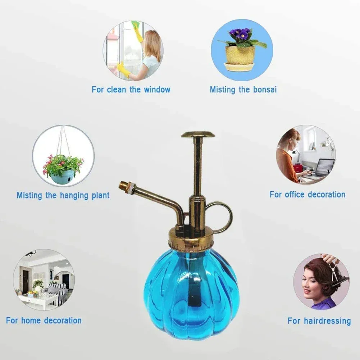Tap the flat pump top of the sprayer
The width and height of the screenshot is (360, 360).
tap(198, 135)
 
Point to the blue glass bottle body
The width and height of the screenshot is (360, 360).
tap(191, 288)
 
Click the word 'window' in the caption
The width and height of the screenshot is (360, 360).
tap(157, 90)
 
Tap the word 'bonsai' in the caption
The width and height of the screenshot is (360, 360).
tap(264, 90)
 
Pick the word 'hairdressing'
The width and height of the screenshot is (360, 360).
tap(329, 321)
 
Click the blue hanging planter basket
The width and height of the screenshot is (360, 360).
tap(63, 177)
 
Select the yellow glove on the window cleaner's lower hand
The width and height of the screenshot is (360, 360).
tap(124, 69)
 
